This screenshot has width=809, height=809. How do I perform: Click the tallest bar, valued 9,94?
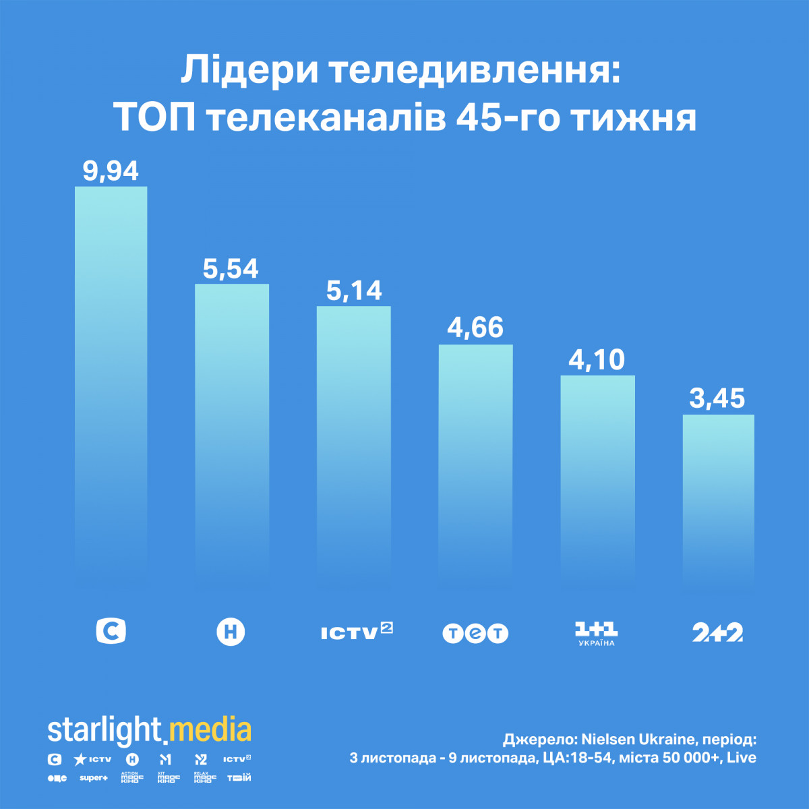[x=111, y=378]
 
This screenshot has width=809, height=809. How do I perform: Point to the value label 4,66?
[x=475, y=328]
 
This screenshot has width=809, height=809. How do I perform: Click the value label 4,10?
[x=597, y=359]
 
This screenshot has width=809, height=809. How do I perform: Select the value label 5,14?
[x=354, y=291]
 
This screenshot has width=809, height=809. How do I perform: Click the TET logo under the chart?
[x=475, y=633]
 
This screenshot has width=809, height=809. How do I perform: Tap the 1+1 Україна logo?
[x=597, y=632]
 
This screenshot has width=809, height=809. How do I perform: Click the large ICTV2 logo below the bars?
[x=357, y=632]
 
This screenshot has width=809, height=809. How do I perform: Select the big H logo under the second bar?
[x=231, y=632]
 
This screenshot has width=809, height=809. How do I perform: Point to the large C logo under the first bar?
[x=111, y=632]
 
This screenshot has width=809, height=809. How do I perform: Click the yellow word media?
[x=210, y=731]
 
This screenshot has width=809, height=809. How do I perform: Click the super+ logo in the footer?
[x=94, y=778]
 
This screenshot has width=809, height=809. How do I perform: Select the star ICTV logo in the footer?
[x=92, y=759]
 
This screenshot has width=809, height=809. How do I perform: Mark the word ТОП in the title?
[x=155, y=118]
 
